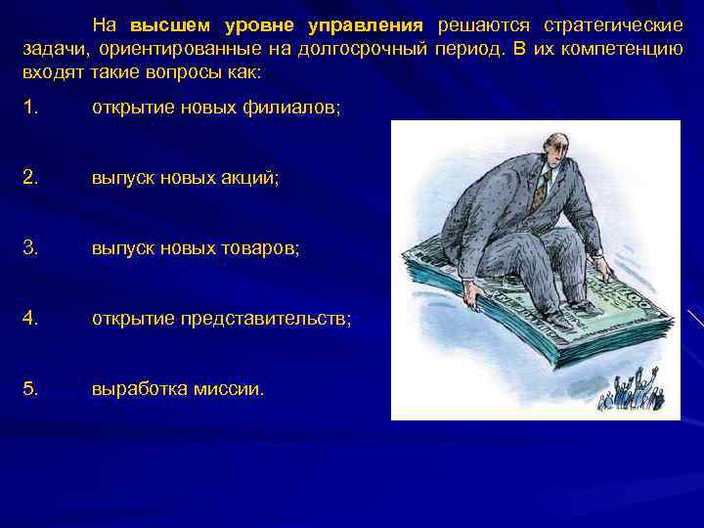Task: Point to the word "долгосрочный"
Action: click(370, 49)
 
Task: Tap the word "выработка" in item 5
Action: click(137, 389)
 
